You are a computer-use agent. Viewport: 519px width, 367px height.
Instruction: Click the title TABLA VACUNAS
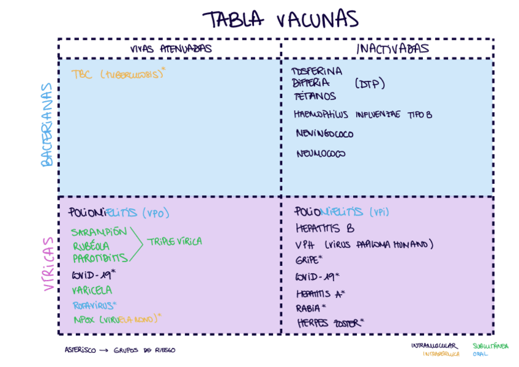280,20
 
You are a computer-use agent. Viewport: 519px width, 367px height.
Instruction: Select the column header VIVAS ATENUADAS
171,49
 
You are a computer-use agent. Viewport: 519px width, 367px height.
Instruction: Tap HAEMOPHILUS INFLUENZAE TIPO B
364,115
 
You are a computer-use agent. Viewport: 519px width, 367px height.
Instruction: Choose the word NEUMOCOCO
321,153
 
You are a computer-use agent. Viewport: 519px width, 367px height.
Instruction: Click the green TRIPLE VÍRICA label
174,241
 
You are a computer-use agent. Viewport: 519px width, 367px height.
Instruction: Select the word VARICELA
92,290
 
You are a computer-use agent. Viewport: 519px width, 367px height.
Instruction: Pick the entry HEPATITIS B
325,229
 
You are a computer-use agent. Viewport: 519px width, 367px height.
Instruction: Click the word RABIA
309,308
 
